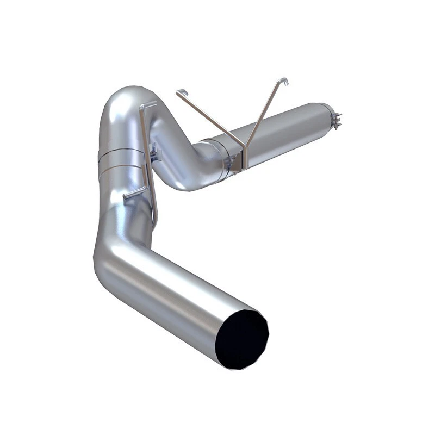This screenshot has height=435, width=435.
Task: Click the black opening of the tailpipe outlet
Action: click(x=242, y=339)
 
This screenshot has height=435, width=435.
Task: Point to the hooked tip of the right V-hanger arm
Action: click(x=283, y=81)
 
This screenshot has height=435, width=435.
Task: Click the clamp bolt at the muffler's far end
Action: click(x=337, y=120)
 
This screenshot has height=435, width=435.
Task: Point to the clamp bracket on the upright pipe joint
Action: click(x=155, y=153)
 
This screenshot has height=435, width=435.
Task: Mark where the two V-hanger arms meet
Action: click(x=245, y=150)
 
